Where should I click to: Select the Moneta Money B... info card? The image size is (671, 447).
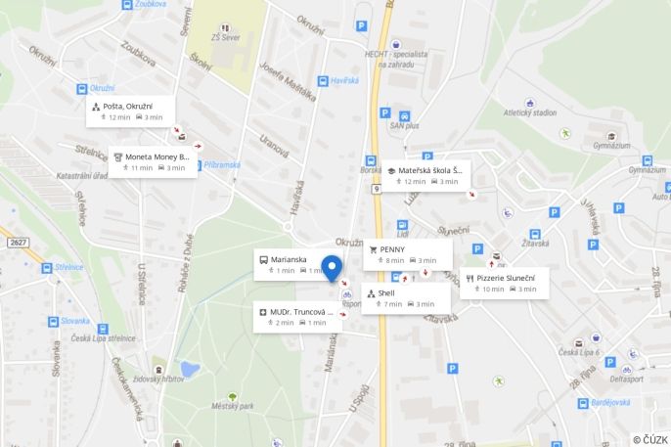coord(153,161)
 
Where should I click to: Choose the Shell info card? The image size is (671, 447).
coord(405,297)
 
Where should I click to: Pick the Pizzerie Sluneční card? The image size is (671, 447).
coord(504,283)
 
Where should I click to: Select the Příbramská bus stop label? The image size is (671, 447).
coord(221,165)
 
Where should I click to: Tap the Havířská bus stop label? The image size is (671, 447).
coord(344,80)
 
